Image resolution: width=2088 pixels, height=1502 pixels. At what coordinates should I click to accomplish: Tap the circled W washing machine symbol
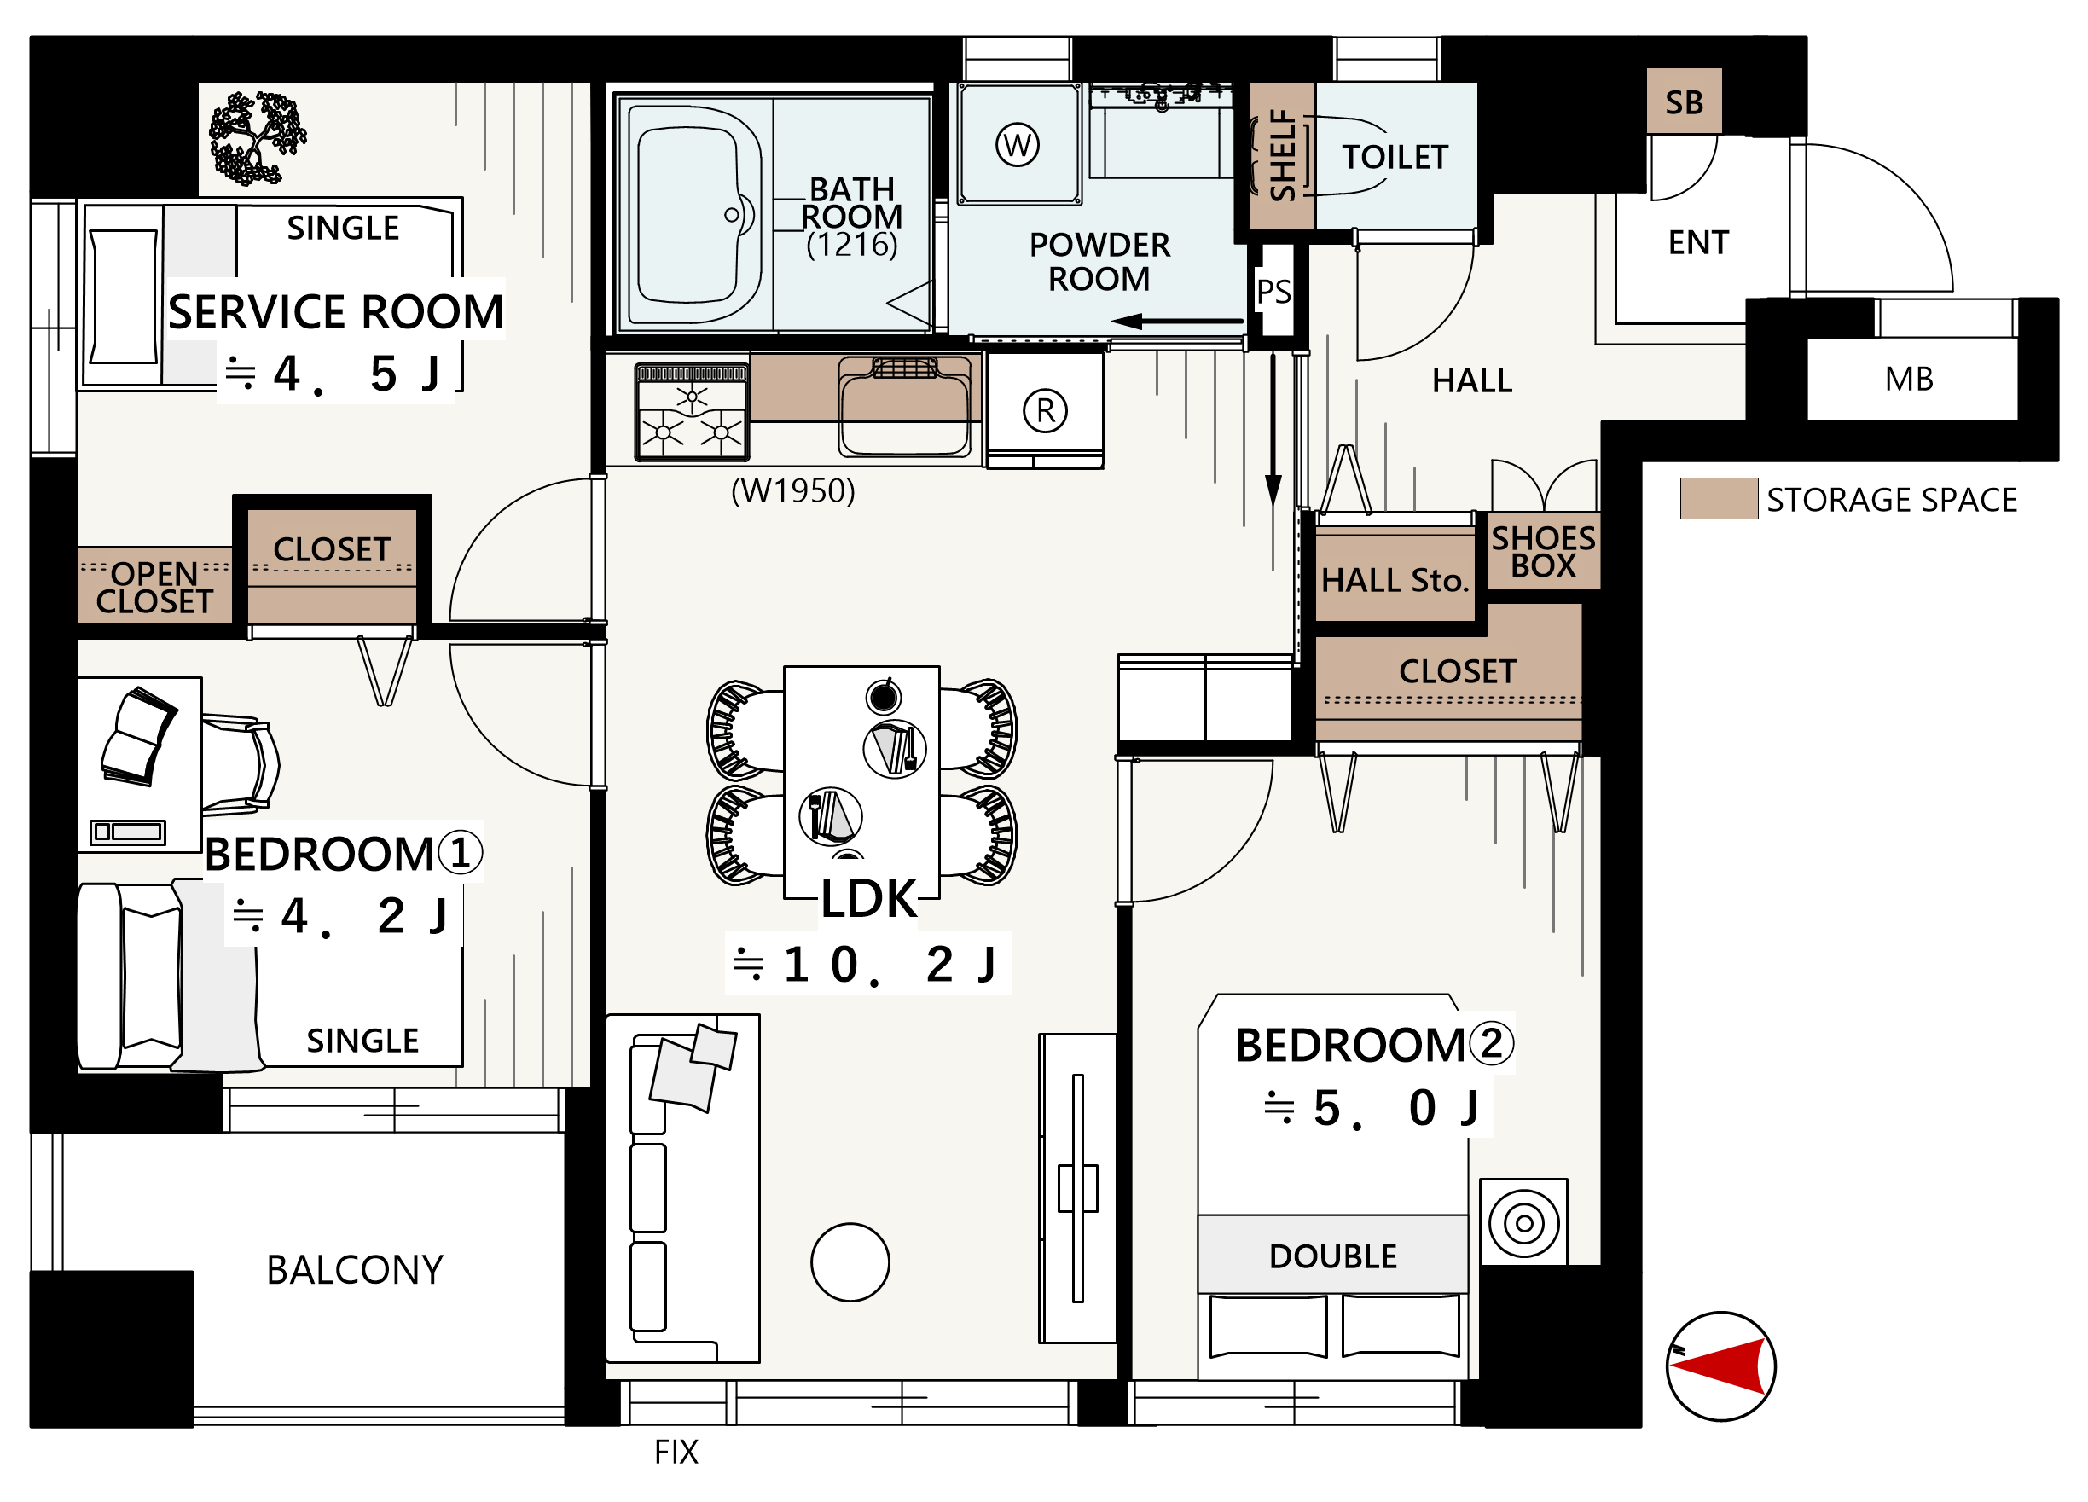pyautogui.click(x=1018, y=144)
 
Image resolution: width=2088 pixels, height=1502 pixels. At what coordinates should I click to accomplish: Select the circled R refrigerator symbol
pyautogui.click(x=1045, y=410)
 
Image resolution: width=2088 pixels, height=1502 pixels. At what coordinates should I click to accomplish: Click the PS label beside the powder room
pyautogui.click(x=1274, y=292)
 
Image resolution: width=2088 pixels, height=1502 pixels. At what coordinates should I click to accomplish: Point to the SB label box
pyautogui.click(x=1684, y=101)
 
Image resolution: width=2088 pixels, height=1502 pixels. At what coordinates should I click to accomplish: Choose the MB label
pyautogui.click(x=1909, y=378)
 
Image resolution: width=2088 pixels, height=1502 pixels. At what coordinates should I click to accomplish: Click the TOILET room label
pyautogui.click(x=1395, y=158)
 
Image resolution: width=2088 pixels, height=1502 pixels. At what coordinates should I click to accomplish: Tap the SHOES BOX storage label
pyautogui.click(x=1544, y=551)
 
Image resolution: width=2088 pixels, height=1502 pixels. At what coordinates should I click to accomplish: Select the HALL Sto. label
pyautogui.click(x=1394, y=581)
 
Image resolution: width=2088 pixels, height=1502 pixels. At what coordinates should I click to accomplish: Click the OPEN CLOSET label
pyautogui.click(x=154, y=587)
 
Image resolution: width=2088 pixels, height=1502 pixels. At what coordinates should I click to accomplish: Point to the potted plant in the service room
pyautogui.click(x=257, y=138)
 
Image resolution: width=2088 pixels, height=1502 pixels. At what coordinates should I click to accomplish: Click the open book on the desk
pyautogui.click(x=139, y=736)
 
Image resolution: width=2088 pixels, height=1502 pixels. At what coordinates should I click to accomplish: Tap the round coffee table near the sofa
pyautogui.click(x=850, y=1261)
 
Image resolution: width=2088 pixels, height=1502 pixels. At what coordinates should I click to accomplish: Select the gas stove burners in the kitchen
pyautogui.click(x=692, y=412)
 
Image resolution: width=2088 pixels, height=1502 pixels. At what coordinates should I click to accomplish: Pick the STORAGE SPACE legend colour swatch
pyautogui.click(x=1718, y=499)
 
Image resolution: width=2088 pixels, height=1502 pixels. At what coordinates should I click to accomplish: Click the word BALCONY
pyautogui.click(x=355, y=1270)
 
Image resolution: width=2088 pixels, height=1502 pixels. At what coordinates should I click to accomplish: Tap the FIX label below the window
pyautogui.click(x=676, y=1453)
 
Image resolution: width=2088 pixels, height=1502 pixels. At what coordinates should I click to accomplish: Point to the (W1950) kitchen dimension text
pyautogui.click(x=792, y=490)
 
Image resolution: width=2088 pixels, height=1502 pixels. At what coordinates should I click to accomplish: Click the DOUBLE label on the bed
pyautogui.click(x=1332, y=1256)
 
